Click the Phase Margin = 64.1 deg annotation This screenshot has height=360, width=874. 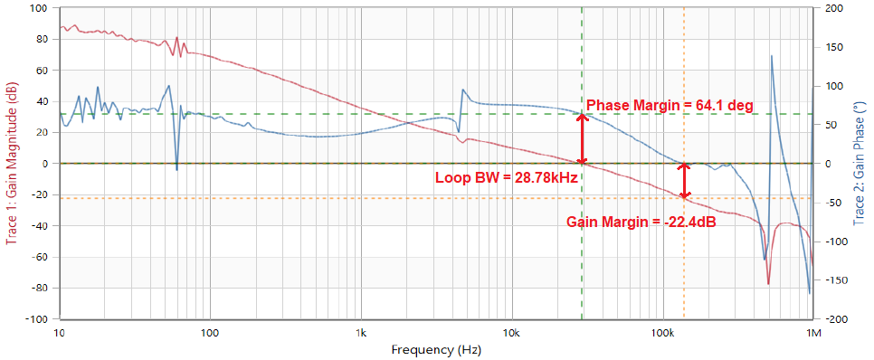pos(670,105)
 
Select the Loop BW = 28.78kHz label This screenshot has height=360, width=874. pos(507,177)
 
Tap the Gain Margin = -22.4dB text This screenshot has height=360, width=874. pos(642,221)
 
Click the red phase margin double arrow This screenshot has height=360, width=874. pos(582,138)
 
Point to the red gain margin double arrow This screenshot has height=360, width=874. pos(685,180)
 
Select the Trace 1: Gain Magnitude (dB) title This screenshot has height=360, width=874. pos(12,164)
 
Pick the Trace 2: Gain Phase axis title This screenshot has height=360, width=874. pos(860,164)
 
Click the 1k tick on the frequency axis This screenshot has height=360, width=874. pos(361,332)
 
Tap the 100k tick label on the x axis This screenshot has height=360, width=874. pos(662,332)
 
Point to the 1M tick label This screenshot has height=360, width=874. pos(813,332)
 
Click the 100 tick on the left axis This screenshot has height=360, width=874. pos(39,8)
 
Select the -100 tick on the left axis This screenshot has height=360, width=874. pos(36,319)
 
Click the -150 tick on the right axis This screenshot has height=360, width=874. pos(834,280)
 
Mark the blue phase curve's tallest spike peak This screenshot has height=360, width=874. pos(772,56)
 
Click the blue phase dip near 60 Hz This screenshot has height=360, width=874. pos(176,169)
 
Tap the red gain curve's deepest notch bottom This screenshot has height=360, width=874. pos(768,284)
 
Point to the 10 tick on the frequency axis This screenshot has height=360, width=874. pos(60,332)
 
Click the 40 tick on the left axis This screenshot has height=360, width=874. pos(42,101)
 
